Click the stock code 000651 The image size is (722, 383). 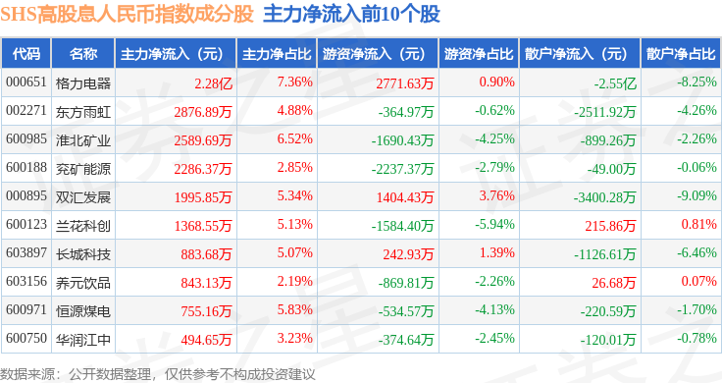pyautogui.click(x=26, y=82)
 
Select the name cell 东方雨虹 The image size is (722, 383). pyautogui.click(x=83, y=112)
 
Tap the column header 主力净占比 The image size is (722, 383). pyautogui.click(x=277, y=54)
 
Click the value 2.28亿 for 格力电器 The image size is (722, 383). pyautogui.click(x=213, y=83)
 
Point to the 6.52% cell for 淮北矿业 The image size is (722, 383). pyautogui.click(x=294, y=139)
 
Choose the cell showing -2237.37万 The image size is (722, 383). pyautogui.click(x=402, y=169)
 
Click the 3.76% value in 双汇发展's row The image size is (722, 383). pyautogui.click(x=496, y=195)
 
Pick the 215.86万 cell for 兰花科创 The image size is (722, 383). pyautogui.click(x=610, y=226)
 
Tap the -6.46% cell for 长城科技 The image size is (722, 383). pyautogui.click(x=696, y=253)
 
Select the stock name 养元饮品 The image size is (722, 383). pyautogui.click(x=83, y=283)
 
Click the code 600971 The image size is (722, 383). pyautogui.click(x=26, y=309)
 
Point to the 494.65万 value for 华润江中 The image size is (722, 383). pyautogui.click(x=206, y=340)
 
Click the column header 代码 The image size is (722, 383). pyautogui.click(x=26, y=54)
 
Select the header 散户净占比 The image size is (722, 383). pyautogui.click(x=681, y=54)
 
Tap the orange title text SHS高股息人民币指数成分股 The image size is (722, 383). pyautogui.click(x=128, y=15)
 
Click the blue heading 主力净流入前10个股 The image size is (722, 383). pyautogui.click(x=352, y=15)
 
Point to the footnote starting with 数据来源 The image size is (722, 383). pyautogui.click(x=158, y=374)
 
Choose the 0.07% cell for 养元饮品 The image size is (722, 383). pyautogui.click(x=699, y=281)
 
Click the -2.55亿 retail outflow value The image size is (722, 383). pyautogui.click(x=616, y=83)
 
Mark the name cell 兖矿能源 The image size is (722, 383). pyautogui.click(x=83, y=169)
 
